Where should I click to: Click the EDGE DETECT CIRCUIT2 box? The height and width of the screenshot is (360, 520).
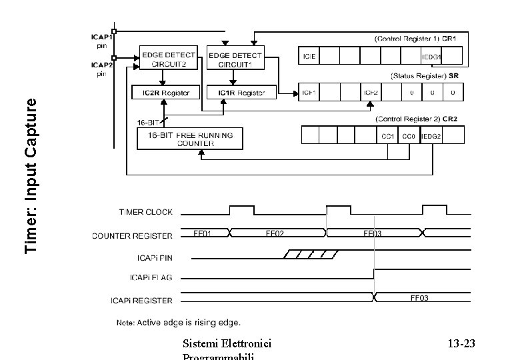click(x=168, y=59)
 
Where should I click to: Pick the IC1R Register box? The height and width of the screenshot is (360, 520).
click(x=236, y=93)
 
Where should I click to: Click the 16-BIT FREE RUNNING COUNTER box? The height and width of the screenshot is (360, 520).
click(x=190, y=139)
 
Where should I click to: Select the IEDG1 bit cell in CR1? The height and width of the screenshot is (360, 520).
click(x=431, y=57)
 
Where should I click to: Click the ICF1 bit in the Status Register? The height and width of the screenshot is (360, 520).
click(x=310, y=92)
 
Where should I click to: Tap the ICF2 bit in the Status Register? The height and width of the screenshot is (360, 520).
click(x=370, y=92)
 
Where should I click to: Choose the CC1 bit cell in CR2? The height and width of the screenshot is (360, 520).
click(x=388, y=136)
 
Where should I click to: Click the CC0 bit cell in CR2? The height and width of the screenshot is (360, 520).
click(x=410, y=136)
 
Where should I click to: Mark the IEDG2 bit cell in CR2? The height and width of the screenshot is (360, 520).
click(x=431, y=136)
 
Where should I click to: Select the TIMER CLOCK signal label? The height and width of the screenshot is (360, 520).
click(x=145, y=212)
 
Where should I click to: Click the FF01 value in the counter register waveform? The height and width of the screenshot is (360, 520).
click(x=203, y=234)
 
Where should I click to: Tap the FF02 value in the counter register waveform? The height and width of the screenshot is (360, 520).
click(x=275, y=234)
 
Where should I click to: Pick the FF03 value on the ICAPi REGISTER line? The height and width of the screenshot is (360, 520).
click(x=419, y=298)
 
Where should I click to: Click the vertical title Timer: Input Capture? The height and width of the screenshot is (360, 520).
click(x=31, y=175)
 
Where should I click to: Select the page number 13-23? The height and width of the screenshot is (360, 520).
click(x=461, y=344)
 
